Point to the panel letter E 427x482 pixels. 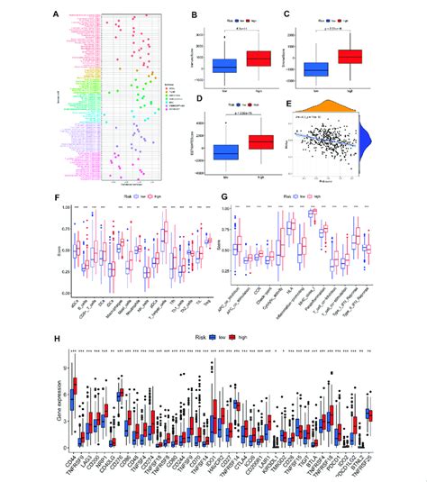pos(285,102)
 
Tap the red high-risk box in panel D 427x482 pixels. pos(250,141)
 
